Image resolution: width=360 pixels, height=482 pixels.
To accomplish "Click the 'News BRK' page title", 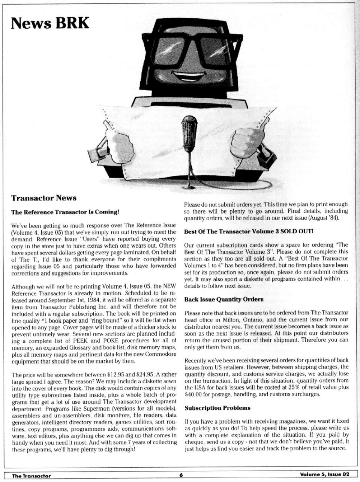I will click(50, 23).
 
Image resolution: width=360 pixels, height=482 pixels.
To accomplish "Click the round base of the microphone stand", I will click(190, 187).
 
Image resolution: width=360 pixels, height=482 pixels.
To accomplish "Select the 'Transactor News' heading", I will click(43, 198).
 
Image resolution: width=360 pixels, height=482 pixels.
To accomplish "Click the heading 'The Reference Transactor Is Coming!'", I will click(65, 212).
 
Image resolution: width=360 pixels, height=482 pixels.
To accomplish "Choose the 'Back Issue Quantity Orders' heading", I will click(223, 299).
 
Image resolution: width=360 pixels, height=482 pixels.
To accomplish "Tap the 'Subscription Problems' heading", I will click(217, 408).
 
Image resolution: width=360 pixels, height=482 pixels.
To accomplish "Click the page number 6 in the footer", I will click(181, 475).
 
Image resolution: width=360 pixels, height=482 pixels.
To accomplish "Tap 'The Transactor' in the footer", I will click(31, 476).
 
